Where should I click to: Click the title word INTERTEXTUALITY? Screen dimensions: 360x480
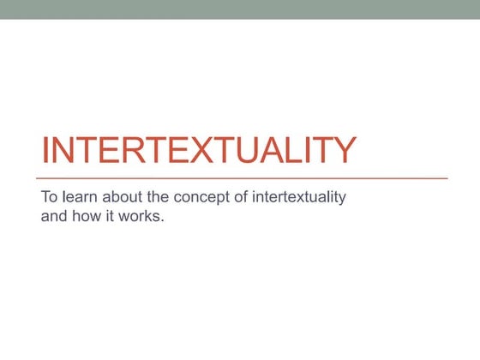tap(198, 151)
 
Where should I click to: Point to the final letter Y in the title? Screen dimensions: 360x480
tap(342, 151)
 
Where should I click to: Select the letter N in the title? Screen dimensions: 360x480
tap(64, 151)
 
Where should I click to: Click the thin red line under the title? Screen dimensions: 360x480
tap(244, 177)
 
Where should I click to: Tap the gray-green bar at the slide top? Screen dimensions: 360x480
tap(240, 9)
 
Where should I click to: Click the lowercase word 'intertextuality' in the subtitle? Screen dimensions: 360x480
tap(296, 197)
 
